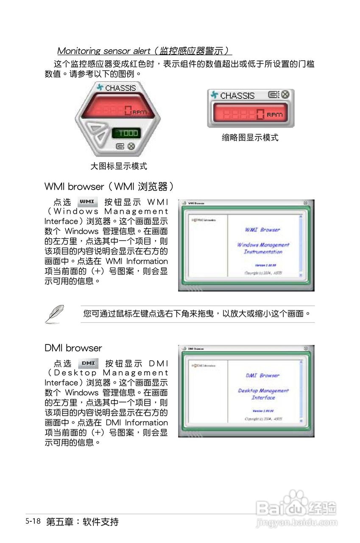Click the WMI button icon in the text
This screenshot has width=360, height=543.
[x=88, y=201]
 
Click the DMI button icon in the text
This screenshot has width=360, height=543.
[x=88, y=363]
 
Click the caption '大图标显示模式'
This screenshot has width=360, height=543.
[x=119, y=166]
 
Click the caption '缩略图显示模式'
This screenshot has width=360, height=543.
[x=250, y=137]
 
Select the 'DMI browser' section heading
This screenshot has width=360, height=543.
[x=73, y=348]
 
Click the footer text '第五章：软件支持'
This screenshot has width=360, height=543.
[x=82, y=522]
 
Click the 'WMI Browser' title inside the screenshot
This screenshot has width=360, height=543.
[x=262, y=230]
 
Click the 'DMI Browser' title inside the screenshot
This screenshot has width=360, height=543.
[x=262, y=375]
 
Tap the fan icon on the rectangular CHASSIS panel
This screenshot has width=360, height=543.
[x=215, y=95]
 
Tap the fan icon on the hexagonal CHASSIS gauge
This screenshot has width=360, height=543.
[x=100, y=88]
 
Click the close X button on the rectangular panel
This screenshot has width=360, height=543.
[x=285, y=95]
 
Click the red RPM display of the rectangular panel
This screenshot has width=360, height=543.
[x=250, y=114]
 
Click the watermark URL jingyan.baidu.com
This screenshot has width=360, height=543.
[x=297, y=523]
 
